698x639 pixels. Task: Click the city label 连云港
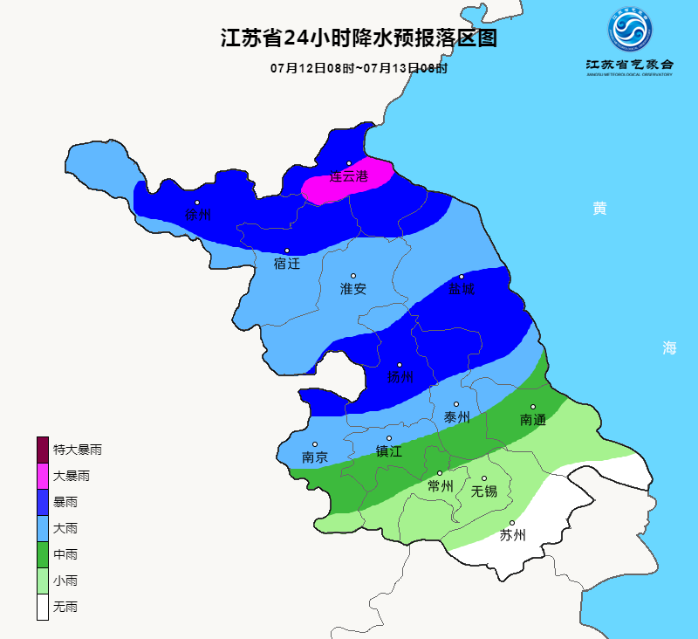(x=348, y=176)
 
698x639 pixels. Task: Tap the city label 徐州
(x=197, y=215)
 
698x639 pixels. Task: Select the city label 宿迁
(x=286, y=263)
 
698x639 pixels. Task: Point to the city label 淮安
(x=353, y=289)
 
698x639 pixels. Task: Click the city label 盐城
(x=462, y=289)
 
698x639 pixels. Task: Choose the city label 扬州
(x=400, y=377)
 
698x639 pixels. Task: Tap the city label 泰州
(x=457, y=417)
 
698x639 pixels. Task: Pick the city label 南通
(x=532, y=419)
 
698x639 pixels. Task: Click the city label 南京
(x=315, y=457)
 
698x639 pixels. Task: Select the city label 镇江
(x=389, y=451)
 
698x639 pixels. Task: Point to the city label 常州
(x=440, y=485)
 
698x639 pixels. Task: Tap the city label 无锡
(x=484, y=491)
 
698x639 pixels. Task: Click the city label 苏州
(x=512, y=535)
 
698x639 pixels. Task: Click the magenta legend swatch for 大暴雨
(x=42, y=476)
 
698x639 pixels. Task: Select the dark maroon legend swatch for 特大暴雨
(x=42, y=450)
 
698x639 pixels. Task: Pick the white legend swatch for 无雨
(x=42, y=607)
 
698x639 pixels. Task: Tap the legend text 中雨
(x=65, y=554)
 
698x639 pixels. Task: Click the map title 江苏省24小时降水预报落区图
(x=358, y=38)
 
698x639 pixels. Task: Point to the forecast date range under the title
(x=358, y=68)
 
